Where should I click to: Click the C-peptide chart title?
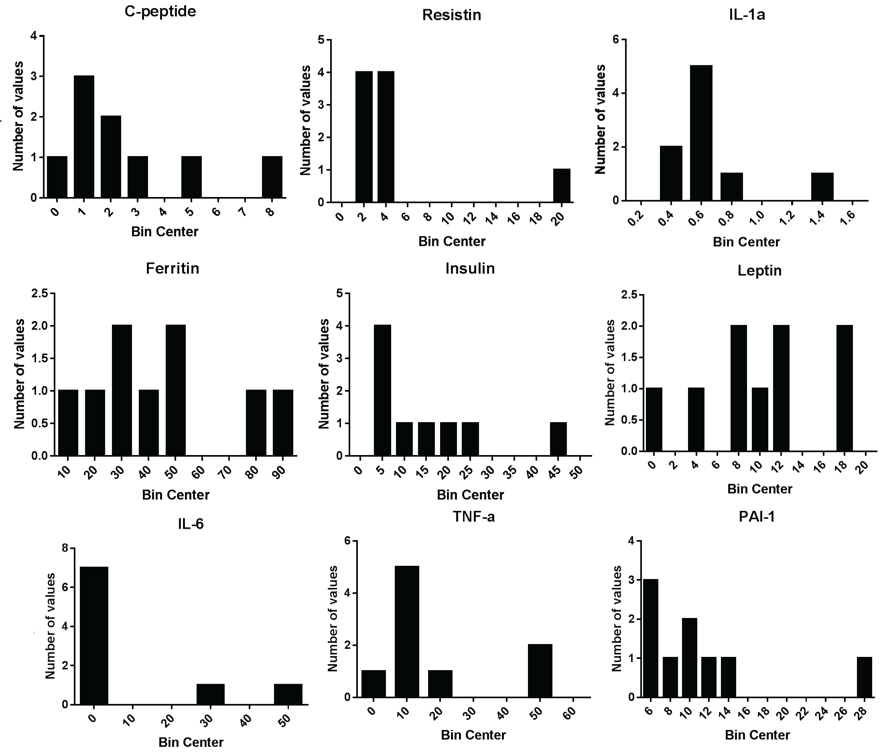pos(160,12)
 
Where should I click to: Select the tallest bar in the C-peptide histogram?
pos(84,136)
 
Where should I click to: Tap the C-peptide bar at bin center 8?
pos(272,177)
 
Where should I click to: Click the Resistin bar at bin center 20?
pos(562,185)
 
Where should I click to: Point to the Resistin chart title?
pos(452,15)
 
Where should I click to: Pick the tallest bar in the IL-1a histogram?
pos(701,133)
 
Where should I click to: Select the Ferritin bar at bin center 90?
pos(283,423)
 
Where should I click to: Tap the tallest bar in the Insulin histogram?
pos(382,390)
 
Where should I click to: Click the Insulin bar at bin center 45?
pos(558,439)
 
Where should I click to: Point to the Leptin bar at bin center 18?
pos(844,388)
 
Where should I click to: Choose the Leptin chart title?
pos(759,270)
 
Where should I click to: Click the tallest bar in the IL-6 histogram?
pos(94,636)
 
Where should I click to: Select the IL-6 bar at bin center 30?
pos(211,694)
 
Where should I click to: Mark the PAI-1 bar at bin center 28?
pos(864,677)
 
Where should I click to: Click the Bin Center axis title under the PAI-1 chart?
pos(757,735)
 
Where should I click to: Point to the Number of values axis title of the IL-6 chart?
pos(51,626)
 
